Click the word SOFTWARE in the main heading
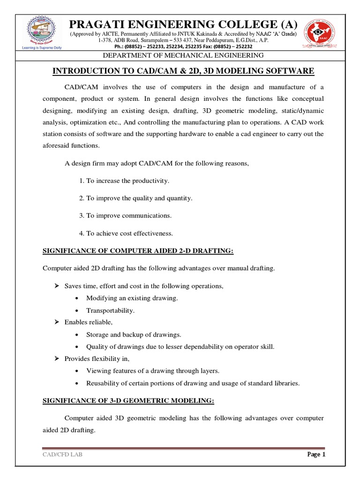[x=291, y=71]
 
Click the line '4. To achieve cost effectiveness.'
[x=126, y=233]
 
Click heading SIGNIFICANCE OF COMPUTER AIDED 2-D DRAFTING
[x=138, y=251]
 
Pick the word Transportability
[x=110, y=310]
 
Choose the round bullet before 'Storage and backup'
[x=77, y=335]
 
